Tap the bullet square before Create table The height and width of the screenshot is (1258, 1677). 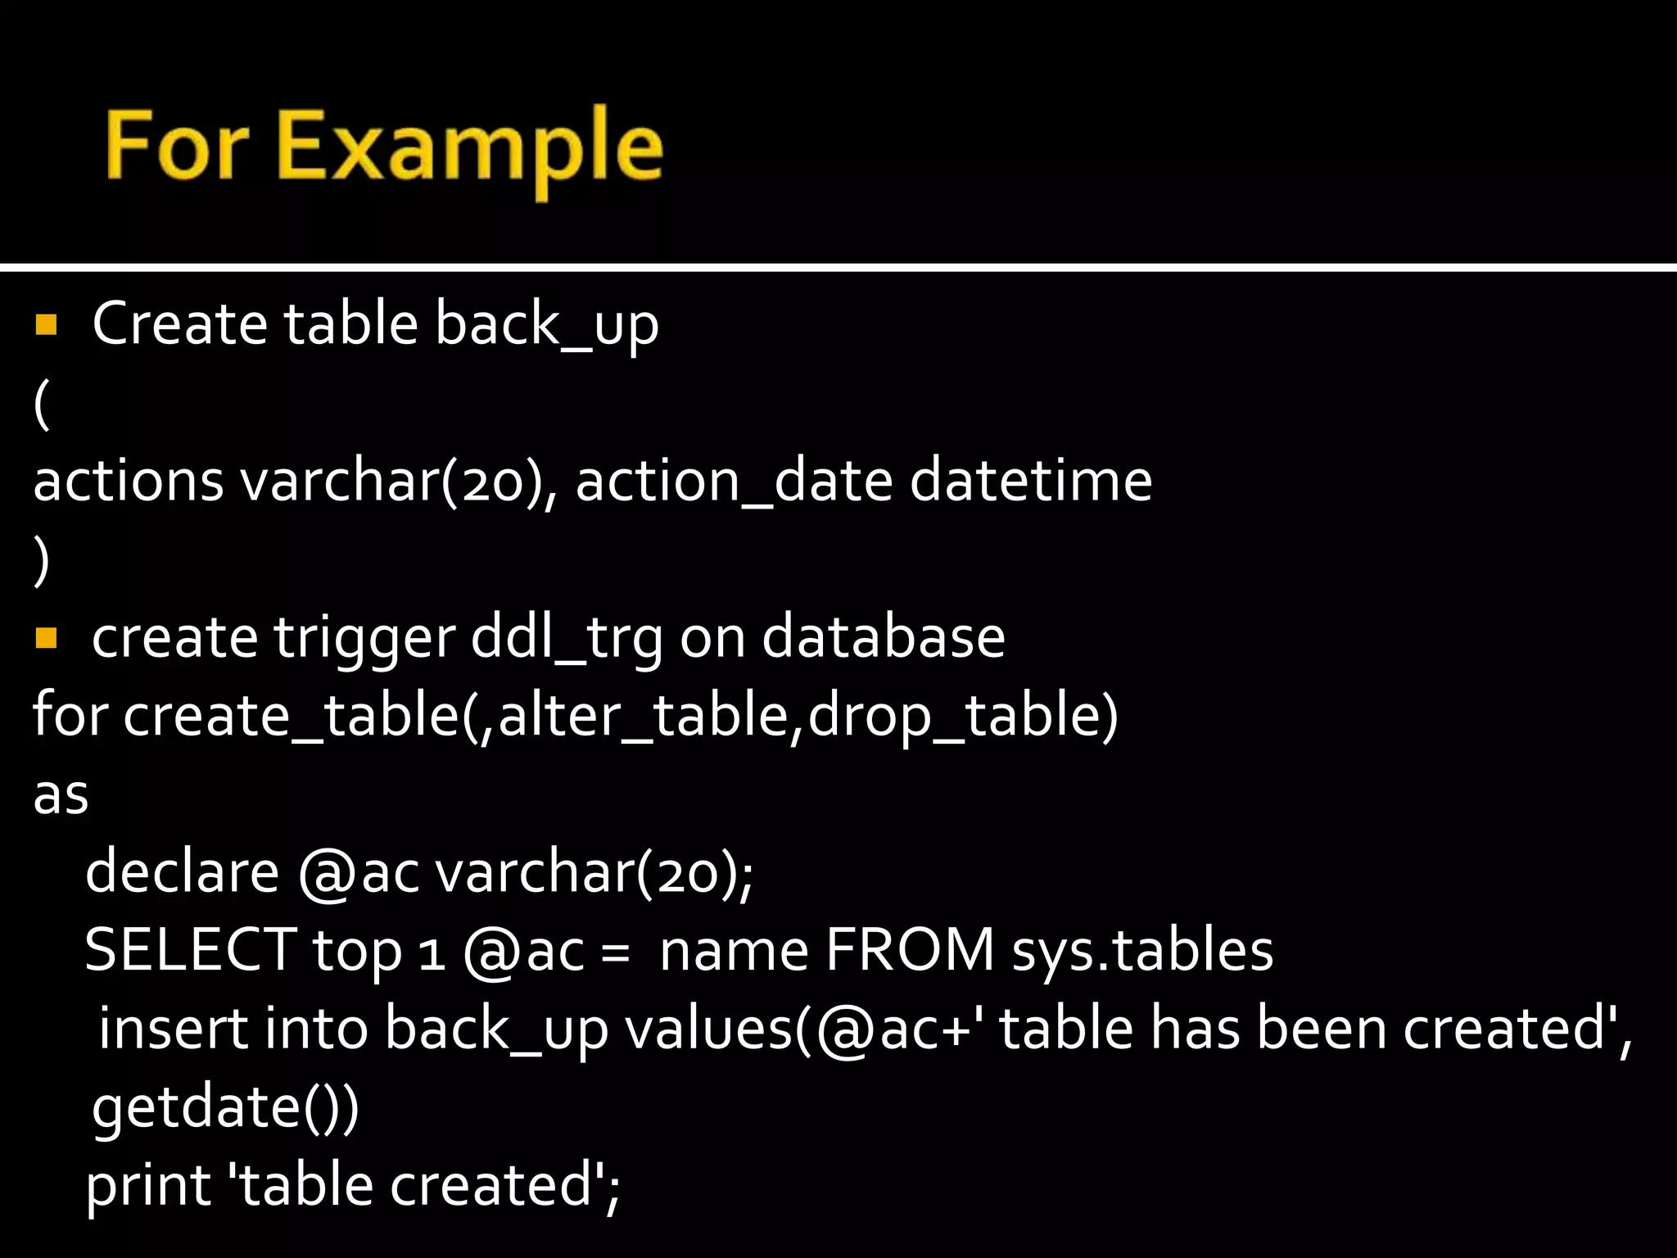pyautogui.click(x=46, y=325)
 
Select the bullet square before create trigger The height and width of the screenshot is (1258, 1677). pyautogui.click(x=46, y=637)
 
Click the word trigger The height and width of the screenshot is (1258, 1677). pyautogui.click(x=364, y=639)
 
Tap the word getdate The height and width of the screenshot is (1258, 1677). pyautogui.click(x=197, y=1107)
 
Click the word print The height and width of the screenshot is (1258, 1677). pyautogui.click(x=148, y=1186)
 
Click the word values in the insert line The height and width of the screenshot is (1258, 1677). pyautogui.click(x=709, y=1029)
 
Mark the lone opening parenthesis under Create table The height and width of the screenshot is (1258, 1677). pyautogui.click(x=42, y=405)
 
